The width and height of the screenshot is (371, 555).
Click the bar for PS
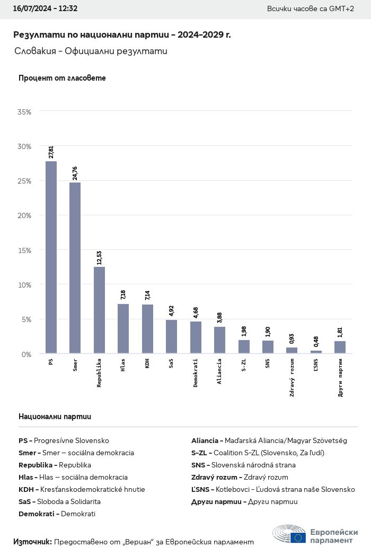pos(51,257)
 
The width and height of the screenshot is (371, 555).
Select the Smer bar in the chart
pos(75,268)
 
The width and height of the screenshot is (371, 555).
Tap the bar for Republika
pos(99,310)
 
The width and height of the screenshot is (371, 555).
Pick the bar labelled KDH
pos(147,329)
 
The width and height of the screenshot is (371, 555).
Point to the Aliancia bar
pos(219,340)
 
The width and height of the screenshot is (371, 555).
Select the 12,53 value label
pos(99,257)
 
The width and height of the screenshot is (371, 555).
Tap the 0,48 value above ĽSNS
pos(316,342)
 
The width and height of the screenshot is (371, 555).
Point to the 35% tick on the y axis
pos(24,112)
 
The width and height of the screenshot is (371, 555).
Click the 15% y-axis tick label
pos(24,250)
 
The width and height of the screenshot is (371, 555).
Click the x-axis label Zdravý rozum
pos(292,378)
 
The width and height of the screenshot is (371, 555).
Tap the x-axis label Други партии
pos(340,378)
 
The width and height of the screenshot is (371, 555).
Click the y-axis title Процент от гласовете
pos(62,78)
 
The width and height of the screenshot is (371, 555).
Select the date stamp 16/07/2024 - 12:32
pos(45,9)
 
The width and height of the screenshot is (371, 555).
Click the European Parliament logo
pos(315,535)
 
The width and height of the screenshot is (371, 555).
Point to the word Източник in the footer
pos(32,542)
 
